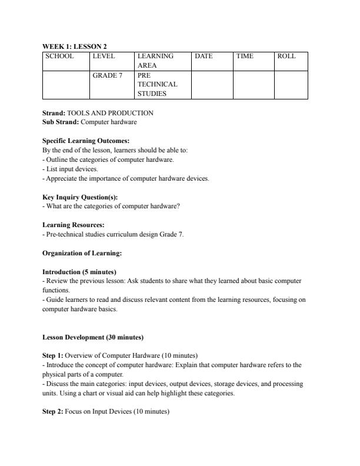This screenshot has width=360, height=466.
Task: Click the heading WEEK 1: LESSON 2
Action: click(x=74, y=46)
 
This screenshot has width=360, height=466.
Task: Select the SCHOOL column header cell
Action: click(x=60, y=56)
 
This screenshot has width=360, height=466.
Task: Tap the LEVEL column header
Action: click(x=103, y=56)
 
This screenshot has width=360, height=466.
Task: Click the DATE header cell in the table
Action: click(x=204, y=56)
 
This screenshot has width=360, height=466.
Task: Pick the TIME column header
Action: click(x=245, y=56)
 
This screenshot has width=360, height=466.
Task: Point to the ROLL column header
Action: click(x=286, y=56)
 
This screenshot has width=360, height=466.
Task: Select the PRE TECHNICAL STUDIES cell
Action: click(x=157, y=84)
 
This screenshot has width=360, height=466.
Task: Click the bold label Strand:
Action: click(x=54, y=112)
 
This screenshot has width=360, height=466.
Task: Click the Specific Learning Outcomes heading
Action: click(x=86, y=141)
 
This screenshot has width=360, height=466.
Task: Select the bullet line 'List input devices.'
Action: click(x=71, y=168)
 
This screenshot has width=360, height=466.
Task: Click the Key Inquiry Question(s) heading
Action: click(x=79, y=197)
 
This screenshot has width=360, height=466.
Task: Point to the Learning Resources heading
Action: click(x=74, y=225)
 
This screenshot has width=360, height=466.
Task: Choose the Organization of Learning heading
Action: click(x=82, y=253)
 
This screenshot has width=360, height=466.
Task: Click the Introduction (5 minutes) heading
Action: click(x=79, y=272)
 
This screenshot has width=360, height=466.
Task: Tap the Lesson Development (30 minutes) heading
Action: click(x=93, y=337)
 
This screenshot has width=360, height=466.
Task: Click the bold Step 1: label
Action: click(x=53, y=356)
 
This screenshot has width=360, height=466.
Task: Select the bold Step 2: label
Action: click(x=53, y=412)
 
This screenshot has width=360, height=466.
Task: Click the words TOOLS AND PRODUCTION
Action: click(x=111, y=112)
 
